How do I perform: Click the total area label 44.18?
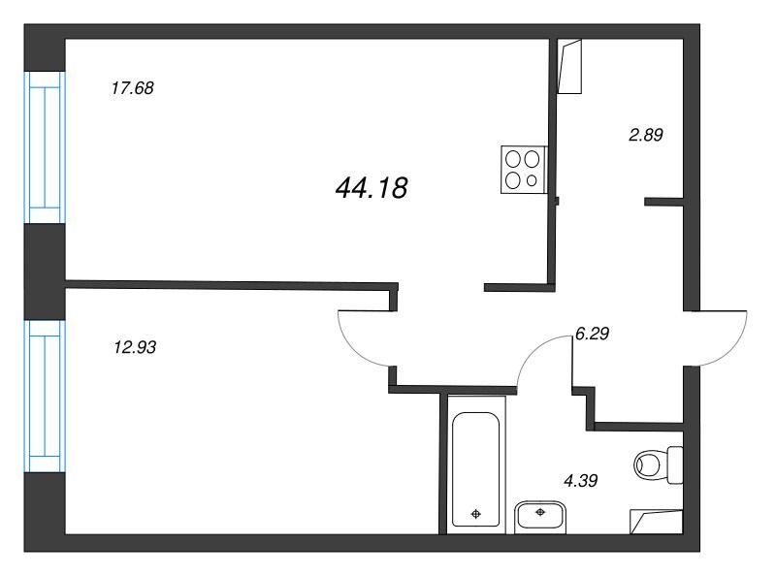pyautogui.click(x=372, y=188)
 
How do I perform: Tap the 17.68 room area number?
pyautogui.click(x=133, y=88)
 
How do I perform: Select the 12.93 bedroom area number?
pyautogui.click(x=135, y=347)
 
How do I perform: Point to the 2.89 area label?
pyautogui.click(x=645, y=135)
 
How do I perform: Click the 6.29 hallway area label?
pyautogui.click(x=592, y=334)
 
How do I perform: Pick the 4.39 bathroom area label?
pyautogui.click(x=580, y=480)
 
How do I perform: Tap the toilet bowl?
pyautogui.click(x=650, y=464)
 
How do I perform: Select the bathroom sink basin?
pyautogui.click(x=540, y=518)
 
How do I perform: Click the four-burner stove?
pyautogui.click(x=524, y=170)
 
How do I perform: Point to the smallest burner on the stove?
pyautogui.click(x=532, y=180)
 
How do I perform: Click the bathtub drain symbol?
pyautogui.click(x=476, y=514)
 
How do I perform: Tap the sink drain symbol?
pyautogui.click(x=540, y=512)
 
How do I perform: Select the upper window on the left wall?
pyautogui.click(x=45, y=147)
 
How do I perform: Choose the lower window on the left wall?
pyautogui.click(x=45, y=397)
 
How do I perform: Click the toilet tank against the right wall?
pyautogui.click(x=675, y=464)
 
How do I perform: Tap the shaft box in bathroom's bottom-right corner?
pyautogui.click(x=657, y=522)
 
